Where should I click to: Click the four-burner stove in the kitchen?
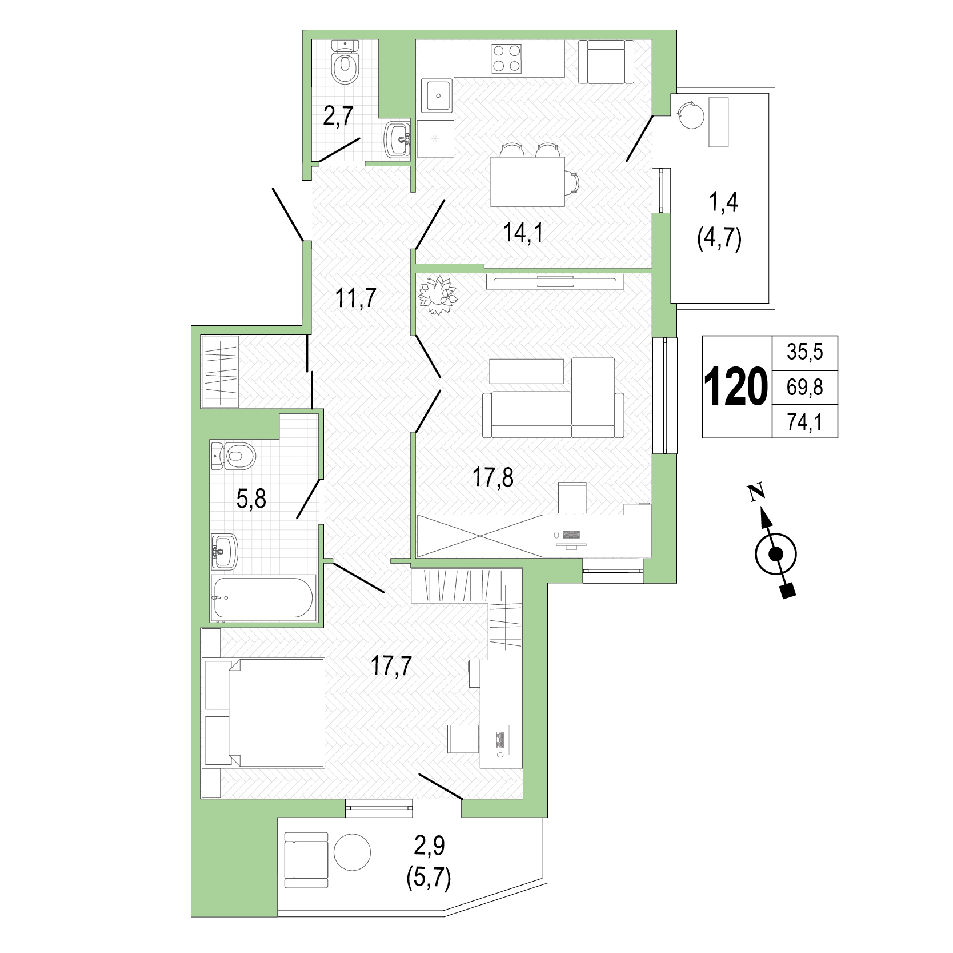(x=507, y=58)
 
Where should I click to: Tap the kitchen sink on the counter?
(x=437, y=96)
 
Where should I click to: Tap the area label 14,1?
(x=523, y=233)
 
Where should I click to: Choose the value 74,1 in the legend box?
(x=804, y=422)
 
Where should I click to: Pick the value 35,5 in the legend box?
(x=804, y=353)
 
